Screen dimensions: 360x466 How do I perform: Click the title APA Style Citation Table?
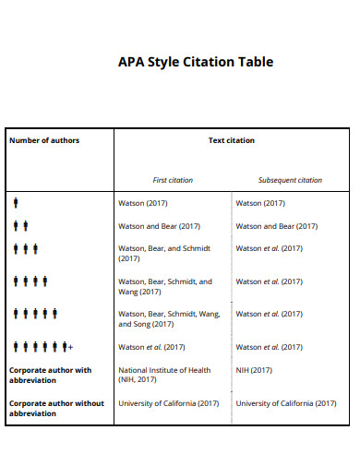196,63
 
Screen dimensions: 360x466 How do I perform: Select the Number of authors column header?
44,140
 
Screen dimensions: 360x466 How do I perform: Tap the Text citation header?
232,140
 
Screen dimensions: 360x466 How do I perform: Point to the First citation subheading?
173,180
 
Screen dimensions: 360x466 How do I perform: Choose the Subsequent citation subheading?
290,180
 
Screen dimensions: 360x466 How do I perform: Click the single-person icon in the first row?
17,202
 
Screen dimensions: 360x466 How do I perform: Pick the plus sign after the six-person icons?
70,347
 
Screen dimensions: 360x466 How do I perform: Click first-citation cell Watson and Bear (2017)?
160,225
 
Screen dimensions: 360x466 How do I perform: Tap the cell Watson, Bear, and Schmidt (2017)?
165,254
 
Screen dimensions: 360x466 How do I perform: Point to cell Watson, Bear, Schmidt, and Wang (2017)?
165,287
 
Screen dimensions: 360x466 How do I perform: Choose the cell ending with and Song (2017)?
169,319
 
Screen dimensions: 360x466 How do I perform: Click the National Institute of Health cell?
165,375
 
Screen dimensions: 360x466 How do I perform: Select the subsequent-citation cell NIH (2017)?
255,370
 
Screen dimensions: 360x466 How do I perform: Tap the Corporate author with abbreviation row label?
51,375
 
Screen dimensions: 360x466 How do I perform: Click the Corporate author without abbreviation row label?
56,408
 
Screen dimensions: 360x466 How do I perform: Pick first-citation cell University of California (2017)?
169,403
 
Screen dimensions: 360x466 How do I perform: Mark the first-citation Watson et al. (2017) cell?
152,347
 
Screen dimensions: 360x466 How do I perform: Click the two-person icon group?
21,225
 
